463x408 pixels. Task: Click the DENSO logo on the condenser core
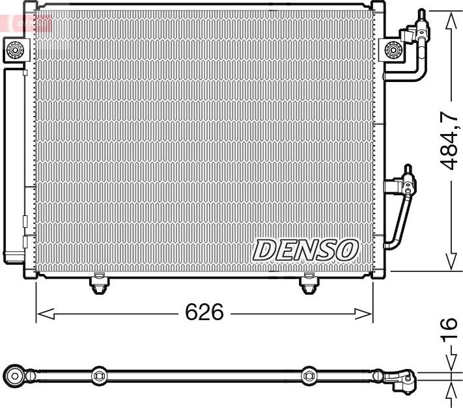[305, 249]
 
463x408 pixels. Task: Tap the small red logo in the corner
[26, 22]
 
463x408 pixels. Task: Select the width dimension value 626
[204, 313]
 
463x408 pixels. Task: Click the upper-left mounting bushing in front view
[16, 48]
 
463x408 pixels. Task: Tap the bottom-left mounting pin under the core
[98, 284]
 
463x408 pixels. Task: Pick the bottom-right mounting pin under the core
[308, 284]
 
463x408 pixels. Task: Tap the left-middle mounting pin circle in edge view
[99, 375]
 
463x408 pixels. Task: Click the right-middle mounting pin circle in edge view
[308, 375]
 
